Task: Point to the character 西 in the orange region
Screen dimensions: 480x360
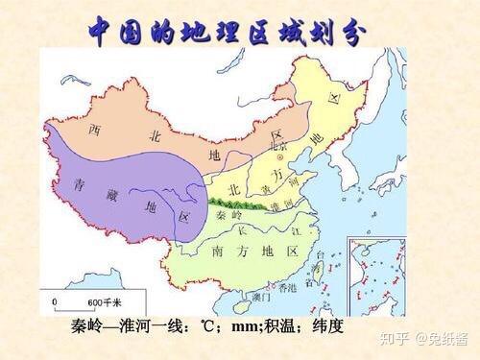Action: [95, 129]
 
